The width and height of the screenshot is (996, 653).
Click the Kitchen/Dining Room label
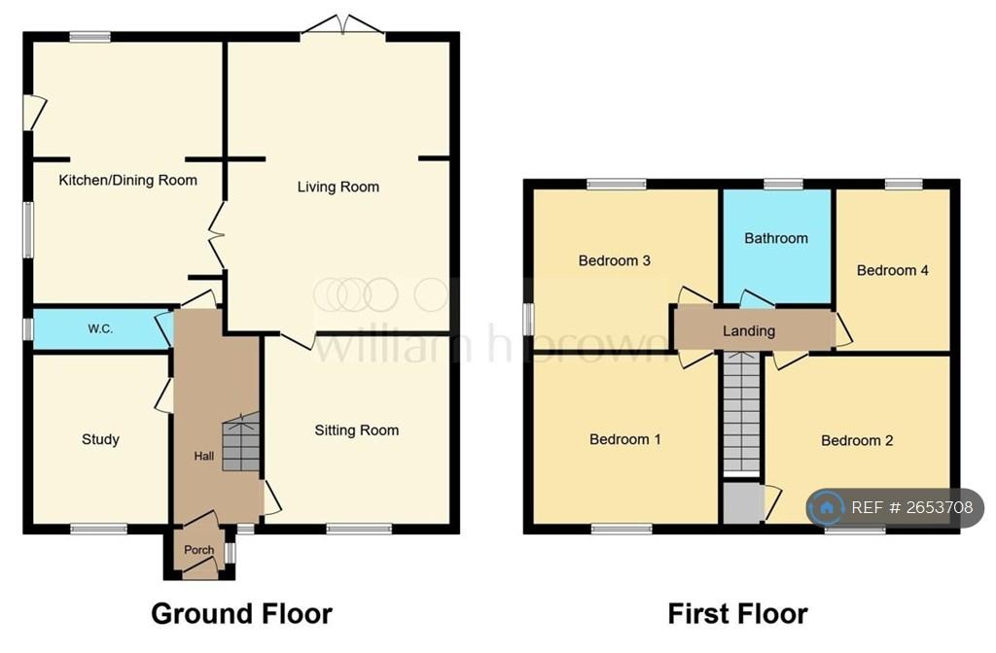[x=127, y=180]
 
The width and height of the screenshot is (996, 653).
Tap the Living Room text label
[x=338, y=187]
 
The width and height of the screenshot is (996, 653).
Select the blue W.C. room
[x=101, y=329]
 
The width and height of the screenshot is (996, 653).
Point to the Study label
[x=100, y=439]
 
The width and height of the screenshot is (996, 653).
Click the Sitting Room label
[x=356, y=430]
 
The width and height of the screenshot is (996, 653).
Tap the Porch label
[x=198, y=550]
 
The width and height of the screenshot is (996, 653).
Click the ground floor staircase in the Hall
[x=241, y=442]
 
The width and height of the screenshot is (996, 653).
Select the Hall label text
[x=204, y=456]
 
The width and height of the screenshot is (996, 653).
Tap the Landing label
[x=749, y=330]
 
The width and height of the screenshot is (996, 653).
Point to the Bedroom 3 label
[x=615, y=260]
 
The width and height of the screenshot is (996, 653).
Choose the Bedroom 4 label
[x=893, y=270]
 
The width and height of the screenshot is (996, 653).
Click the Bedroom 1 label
[x=625, y=439]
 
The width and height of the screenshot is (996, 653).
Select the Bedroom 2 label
[x=857, y=440]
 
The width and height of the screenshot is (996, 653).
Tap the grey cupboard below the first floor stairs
[x=742, y=503]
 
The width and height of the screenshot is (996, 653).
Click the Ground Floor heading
[x=241, y=614]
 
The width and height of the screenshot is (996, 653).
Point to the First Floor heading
[x=737, y=614]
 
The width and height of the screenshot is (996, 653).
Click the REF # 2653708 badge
[x=895, y=507]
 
